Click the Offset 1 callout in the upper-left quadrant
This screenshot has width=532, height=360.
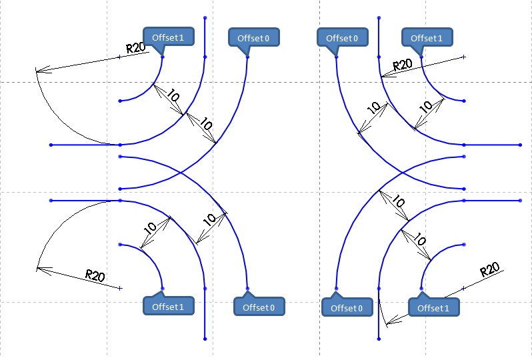coord(168,37)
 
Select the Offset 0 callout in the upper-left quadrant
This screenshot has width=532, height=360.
coord(253,38)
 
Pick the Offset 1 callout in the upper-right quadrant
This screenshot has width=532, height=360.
coord(427,37)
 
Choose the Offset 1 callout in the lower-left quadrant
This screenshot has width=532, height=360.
coord(168,307)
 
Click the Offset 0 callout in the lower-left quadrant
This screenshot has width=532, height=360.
coord(259,307)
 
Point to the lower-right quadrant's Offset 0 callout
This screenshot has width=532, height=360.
coord(347,307)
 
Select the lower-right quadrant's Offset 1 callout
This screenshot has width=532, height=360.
coord(433,307)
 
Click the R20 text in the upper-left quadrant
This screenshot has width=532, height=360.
coord(136,48)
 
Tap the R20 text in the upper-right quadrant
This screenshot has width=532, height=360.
coord(403,65)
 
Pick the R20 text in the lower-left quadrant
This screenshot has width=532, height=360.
coord(95,275)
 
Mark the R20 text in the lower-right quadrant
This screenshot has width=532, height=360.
coord(489,271)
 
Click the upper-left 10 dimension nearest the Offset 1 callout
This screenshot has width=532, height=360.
coord(173,97)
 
